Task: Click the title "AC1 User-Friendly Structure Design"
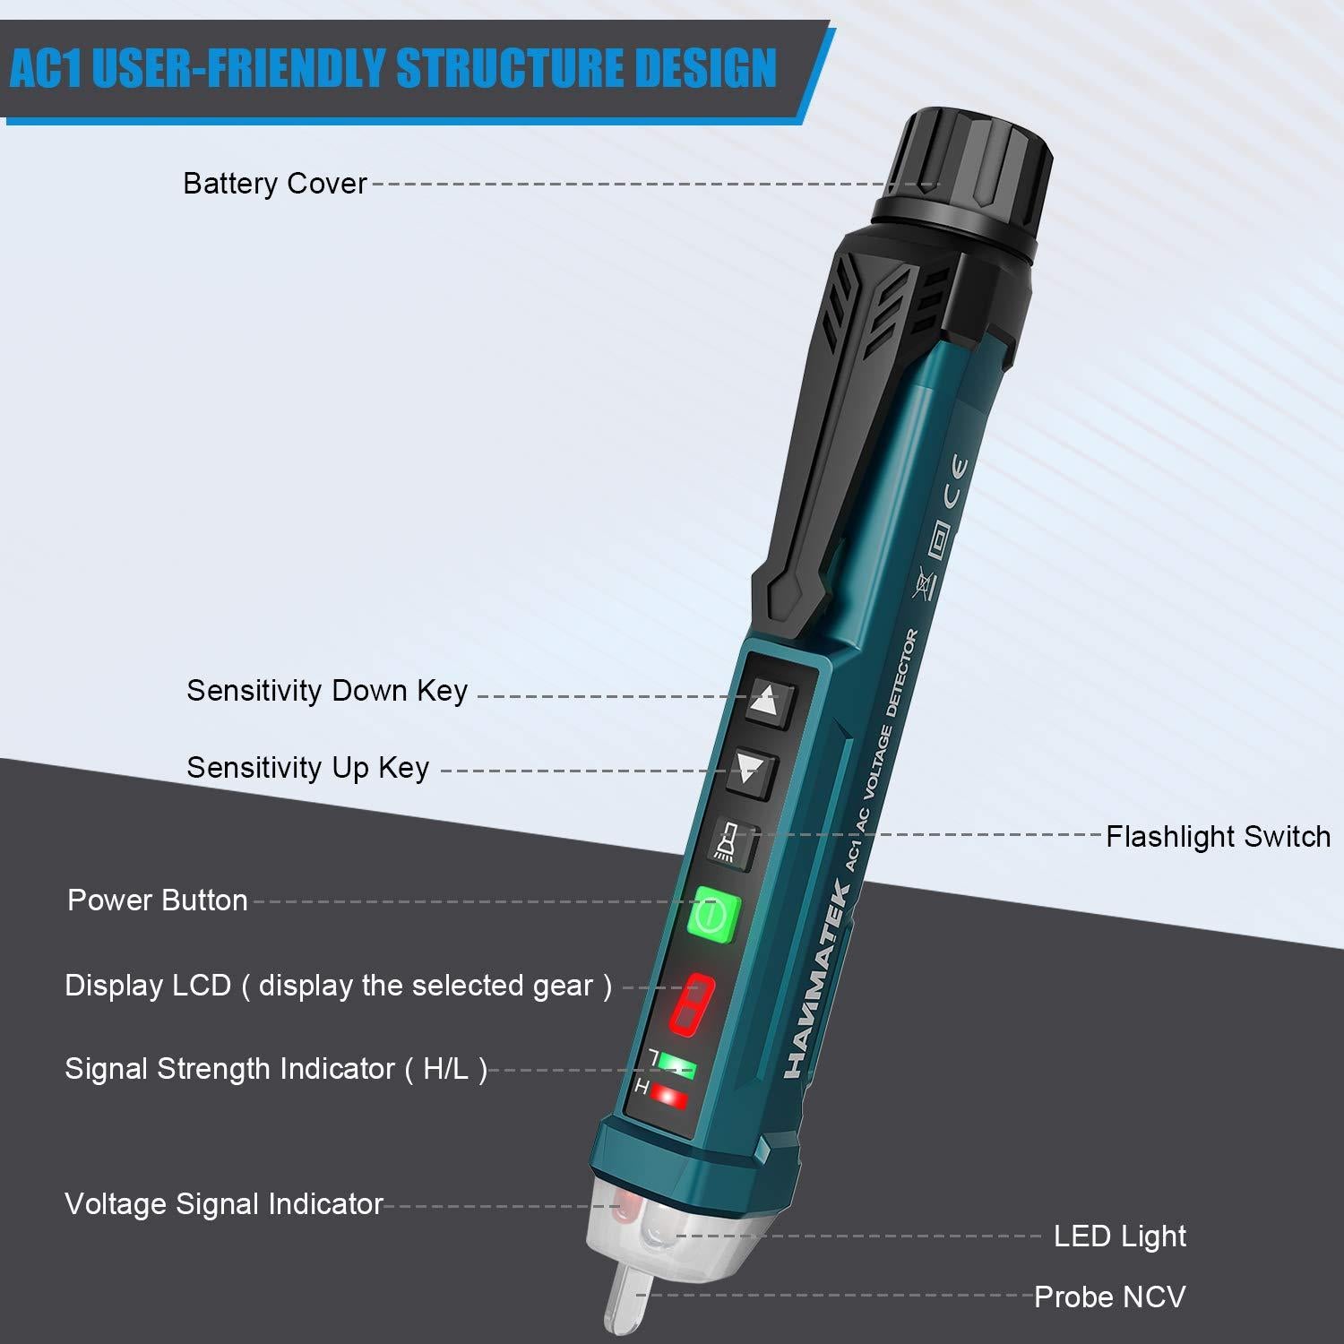point(392,69)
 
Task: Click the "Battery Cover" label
point(275,184)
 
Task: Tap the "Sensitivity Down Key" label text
point(327,691)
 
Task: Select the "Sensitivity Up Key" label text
point(307,768)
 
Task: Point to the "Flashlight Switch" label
point(1218,837)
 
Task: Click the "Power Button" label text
point(158,900)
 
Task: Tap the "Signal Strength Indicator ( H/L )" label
point(276,1069)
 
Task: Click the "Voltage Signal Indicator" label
point(224,1204)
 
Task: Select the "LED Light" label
point(1119,1236)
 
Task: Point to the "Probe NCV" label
point(1109,1297)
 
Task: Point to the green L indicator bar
point(676,1065)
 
